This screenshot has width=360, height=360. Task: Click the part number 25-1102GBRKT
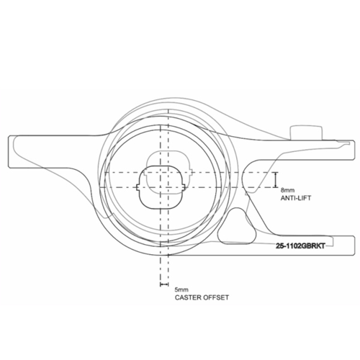(x=300, y=246)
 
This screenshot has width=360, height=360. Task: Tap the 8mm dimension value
(x=287, y=191)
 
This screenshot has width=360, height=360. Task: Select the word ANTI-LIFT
(x=296, y=198)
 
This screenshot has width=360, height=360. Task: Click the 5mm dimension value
(x=181, y=289)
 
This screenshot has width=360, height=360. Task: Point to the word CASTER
(x=188, y=297)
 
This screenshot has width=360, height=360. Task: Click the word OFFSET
(x=216, y=297)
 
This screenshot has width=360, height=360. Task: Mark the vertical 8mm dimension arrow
(x=276, y=180)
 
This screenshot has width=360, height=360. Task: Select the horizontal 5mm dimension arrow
(x=164, y=284)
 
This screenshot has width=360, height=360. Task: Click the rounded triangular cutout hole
(x=237, y=227)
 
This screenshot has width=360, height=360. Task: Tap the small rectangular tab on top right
(x=307, y=132)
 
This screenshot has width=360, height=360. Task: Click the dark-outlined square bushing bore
(x=160, y=187)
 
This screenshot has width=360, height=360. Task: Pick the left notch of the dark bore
(x=138, y=187)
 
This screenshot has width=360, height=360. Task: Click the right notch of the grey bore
(x=191, y=172)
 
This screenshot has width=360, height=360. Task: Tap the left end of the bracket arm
(x=9, y=152)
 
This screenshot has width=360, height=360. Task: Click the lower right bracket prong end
(x=354, y=246)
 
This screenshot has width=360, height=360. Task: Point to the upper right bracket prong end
(x=354, y=150)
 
